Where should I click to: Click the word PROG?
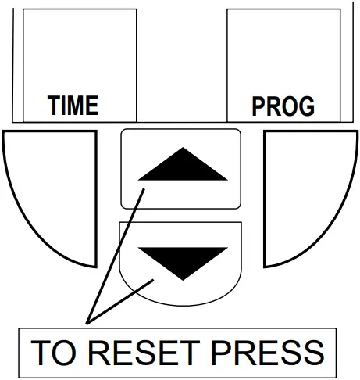coord(283,106)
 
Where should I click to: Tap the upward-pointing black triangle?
coord(180,166)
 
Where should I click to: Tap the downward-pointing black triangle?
coord(180,261)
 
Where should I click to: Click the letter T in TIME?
coord(54,106)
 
